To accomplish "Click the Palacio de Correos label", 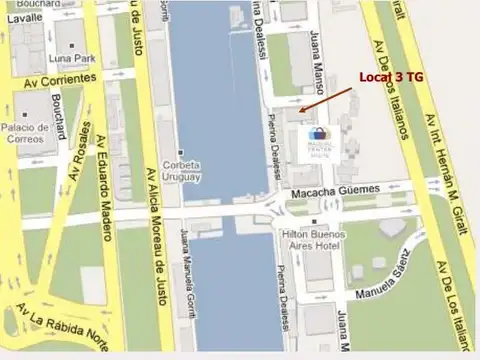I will [x=26, y=133].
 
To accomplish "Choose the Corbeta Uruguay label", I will [x=182, y=171].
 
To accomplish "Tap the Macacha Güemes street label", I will [x=336, y=190].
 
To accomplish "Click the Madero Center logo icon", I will [x=319, y=134].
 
